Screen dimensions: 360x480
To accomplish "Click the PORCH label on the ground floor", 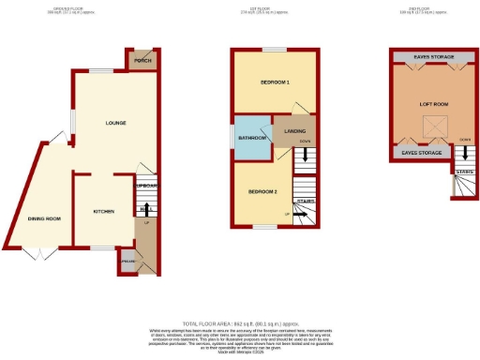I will (x=142, y=62).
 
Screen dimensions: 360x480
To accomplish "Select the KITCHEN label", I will (x=103, y=212).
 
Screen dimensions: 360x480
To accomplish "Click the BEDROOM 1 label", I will (x=275, y=82).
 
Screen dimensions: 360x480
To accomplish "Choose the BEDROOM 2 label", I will (x=262, y=191).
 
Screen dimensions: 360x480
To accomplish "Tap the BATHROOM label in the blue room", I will (x=252, y=138).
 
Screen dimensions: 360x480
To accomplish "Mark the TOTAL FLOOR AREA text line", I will (x=239, y=321).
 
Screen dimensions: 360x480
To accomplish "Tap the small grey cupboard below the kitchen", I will (x=127, y=262).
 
